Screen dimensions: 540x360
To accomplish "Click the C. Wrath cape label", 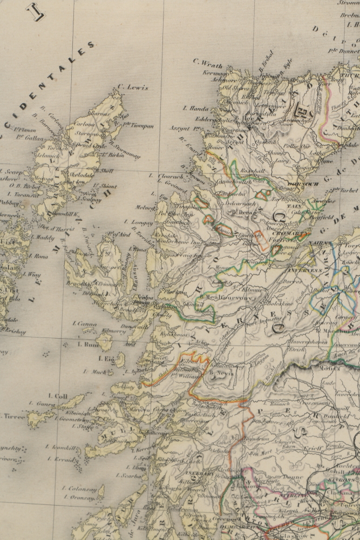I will pyautogui.click(x=207, y=60).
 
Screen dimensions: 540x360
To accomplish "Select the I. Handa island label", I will pyautogui.click(x=192, y=108).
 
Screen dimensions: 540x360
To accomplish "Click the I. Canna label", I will pyautogui.click(x=84, y=323).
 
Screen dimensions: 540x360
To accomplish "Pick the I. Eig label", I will pyautogui.click(x=107, y=358).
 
